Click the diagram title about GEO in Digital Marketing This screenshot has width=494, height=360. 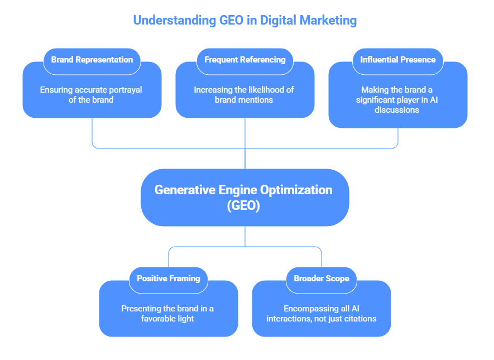(244, 21)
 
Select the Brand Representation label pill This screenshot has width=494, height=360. (92, 60)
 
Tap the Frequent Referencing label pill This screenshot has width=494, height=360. (244, 60)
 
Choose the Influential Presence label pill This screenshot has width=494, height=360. (397, 60)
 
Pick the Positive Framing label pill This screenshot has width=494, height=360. (169, 278)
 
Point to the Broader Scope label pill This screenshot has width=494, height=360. (322, 278)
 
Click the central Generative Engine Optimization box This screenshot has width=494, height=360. (244, 197)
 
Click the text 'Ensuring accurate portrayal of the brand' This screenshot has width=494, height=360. (91, 95)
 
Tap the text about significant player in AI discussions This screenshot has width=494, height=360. (397, 100)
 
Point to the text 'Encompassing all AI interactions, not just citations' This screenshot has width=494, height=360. (321, 314)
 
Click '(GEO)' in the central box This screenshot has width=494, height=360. (244, 205)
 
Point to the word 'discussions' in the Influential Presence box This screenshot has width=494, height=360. (397, 110)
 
